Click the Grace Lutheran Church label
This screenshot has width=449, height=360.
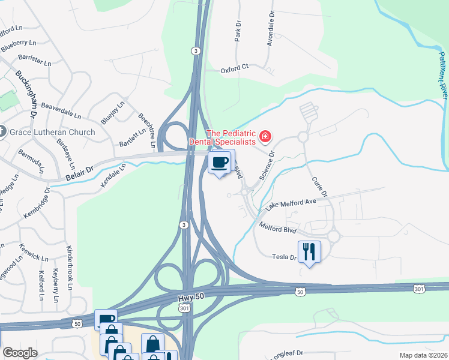(52, 132)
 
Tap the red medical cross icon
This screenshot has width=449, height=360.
(265, 137)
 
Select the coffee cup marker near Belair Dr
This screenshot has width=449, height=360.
(220, 162)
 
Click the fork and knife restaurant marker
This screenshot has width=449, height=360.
(309, 251)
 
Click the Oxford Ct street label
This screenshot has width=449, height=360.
(234, 68)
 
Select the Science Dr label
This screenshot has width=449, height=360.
(267, 164)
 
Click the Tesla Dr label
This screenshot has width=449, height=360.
(286, 257)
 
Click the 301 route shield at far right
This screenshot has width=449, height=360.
(420, 289)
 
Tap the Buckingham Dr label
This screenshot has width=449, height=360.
(26, 94)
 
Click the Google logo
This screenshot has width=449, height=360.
(19, 353)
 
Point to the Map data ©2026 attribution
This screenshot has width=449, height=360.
(423, 355)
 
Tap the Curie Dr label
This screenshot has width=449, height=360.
(319, 187)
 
